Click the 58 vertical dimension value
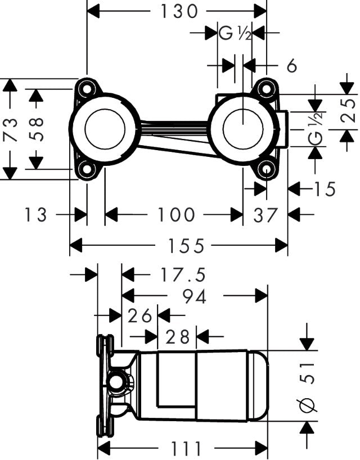35,129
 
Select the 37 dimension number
265,214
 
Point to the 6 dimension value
291,66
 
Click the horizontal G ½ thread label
235,34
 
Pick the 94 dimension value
194,296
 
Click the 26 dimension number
139,316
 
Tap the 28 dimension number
177,337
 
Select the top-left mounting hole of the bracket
87,88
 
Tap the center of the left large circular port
104,128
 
